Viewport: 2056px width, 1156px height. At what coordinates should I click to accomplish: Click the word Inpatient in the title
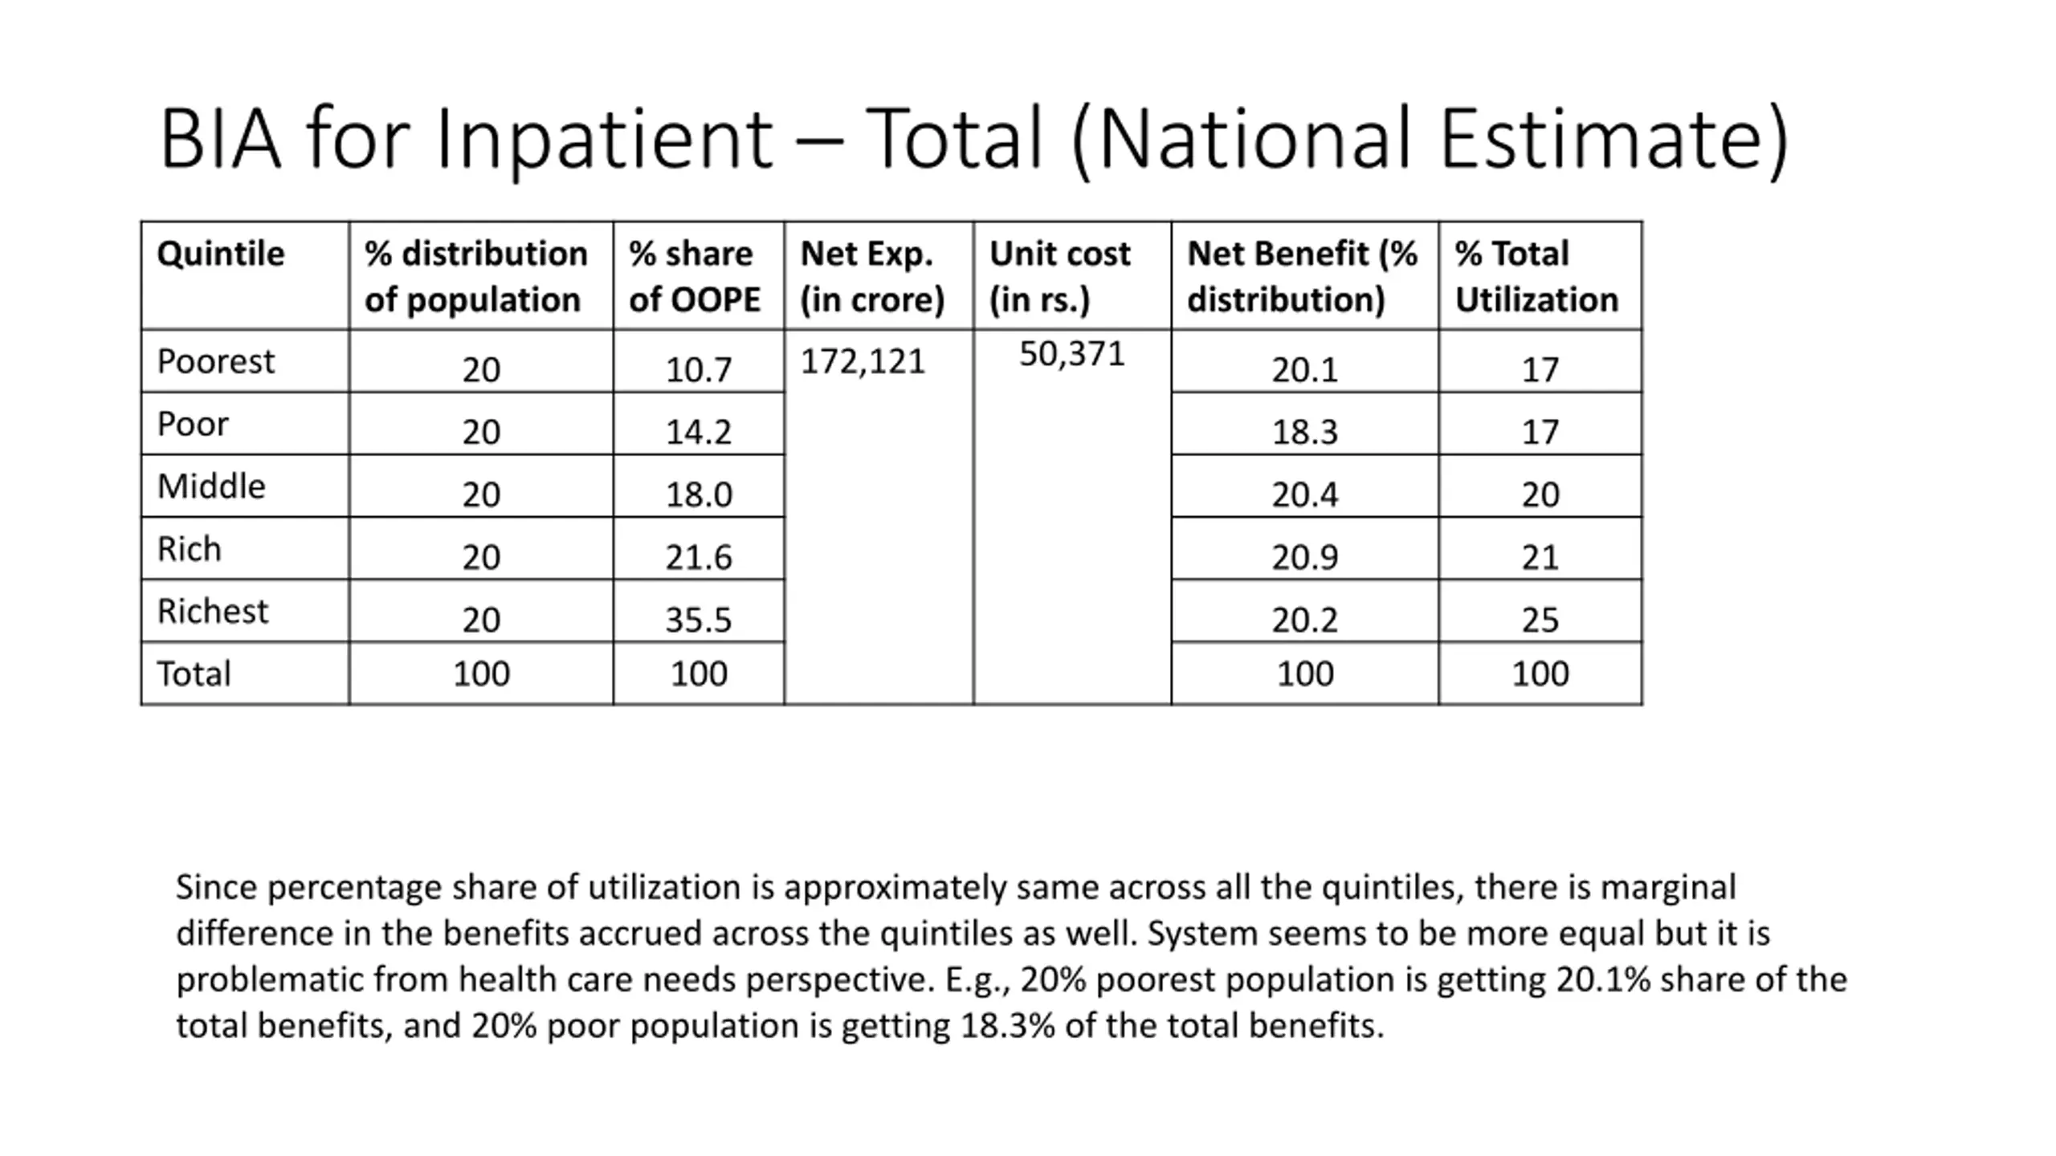point(604,140)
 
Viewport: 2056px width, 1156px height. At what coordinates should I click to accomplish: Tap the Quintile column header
point(221,254)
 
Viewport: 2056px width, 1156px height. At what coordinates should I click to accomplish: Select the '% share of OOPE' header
point(695,276)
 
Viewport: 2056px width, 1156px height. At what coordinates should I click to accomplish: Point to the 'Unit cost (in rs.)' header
point(1059,276)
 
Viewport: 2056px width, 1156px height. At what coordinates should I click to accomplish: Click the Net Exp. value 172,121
point(863,362)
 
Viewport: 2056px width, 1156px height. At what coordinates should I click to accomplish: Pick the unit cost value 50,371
point(1072,355)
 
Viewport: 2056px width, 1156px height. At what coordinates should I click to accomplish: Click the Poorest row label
point(215,362)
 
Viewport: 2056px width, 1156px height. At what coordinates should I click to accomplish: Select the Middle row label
point(211,486)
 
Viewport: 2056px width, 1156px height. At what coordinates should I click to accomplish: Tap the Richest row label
point(212,612)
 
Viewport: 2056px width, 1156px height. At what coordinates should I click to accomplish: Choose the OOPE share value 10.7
point(699,370)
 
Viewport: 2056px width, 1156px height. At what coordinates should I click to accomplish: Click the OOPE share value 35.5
point(699,621)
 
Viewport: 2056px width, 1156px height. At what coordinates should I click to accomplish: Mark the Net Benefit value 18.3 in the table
point(1304,433)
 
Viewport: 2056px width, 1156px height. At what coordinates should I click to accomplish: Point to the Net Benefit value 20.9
point(1304,558)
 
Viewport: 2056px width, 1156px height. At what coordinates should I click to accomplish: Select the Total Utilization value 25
point(1540,621)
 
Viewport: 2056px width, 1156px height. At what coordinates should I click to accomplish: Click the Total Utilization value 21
point(1540,558)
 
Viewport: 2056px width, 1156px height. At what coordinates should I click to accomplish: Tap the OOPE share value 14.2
point(699,433)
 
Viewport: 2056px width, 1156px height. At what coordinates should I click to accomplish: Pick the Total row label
point(194,674)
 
